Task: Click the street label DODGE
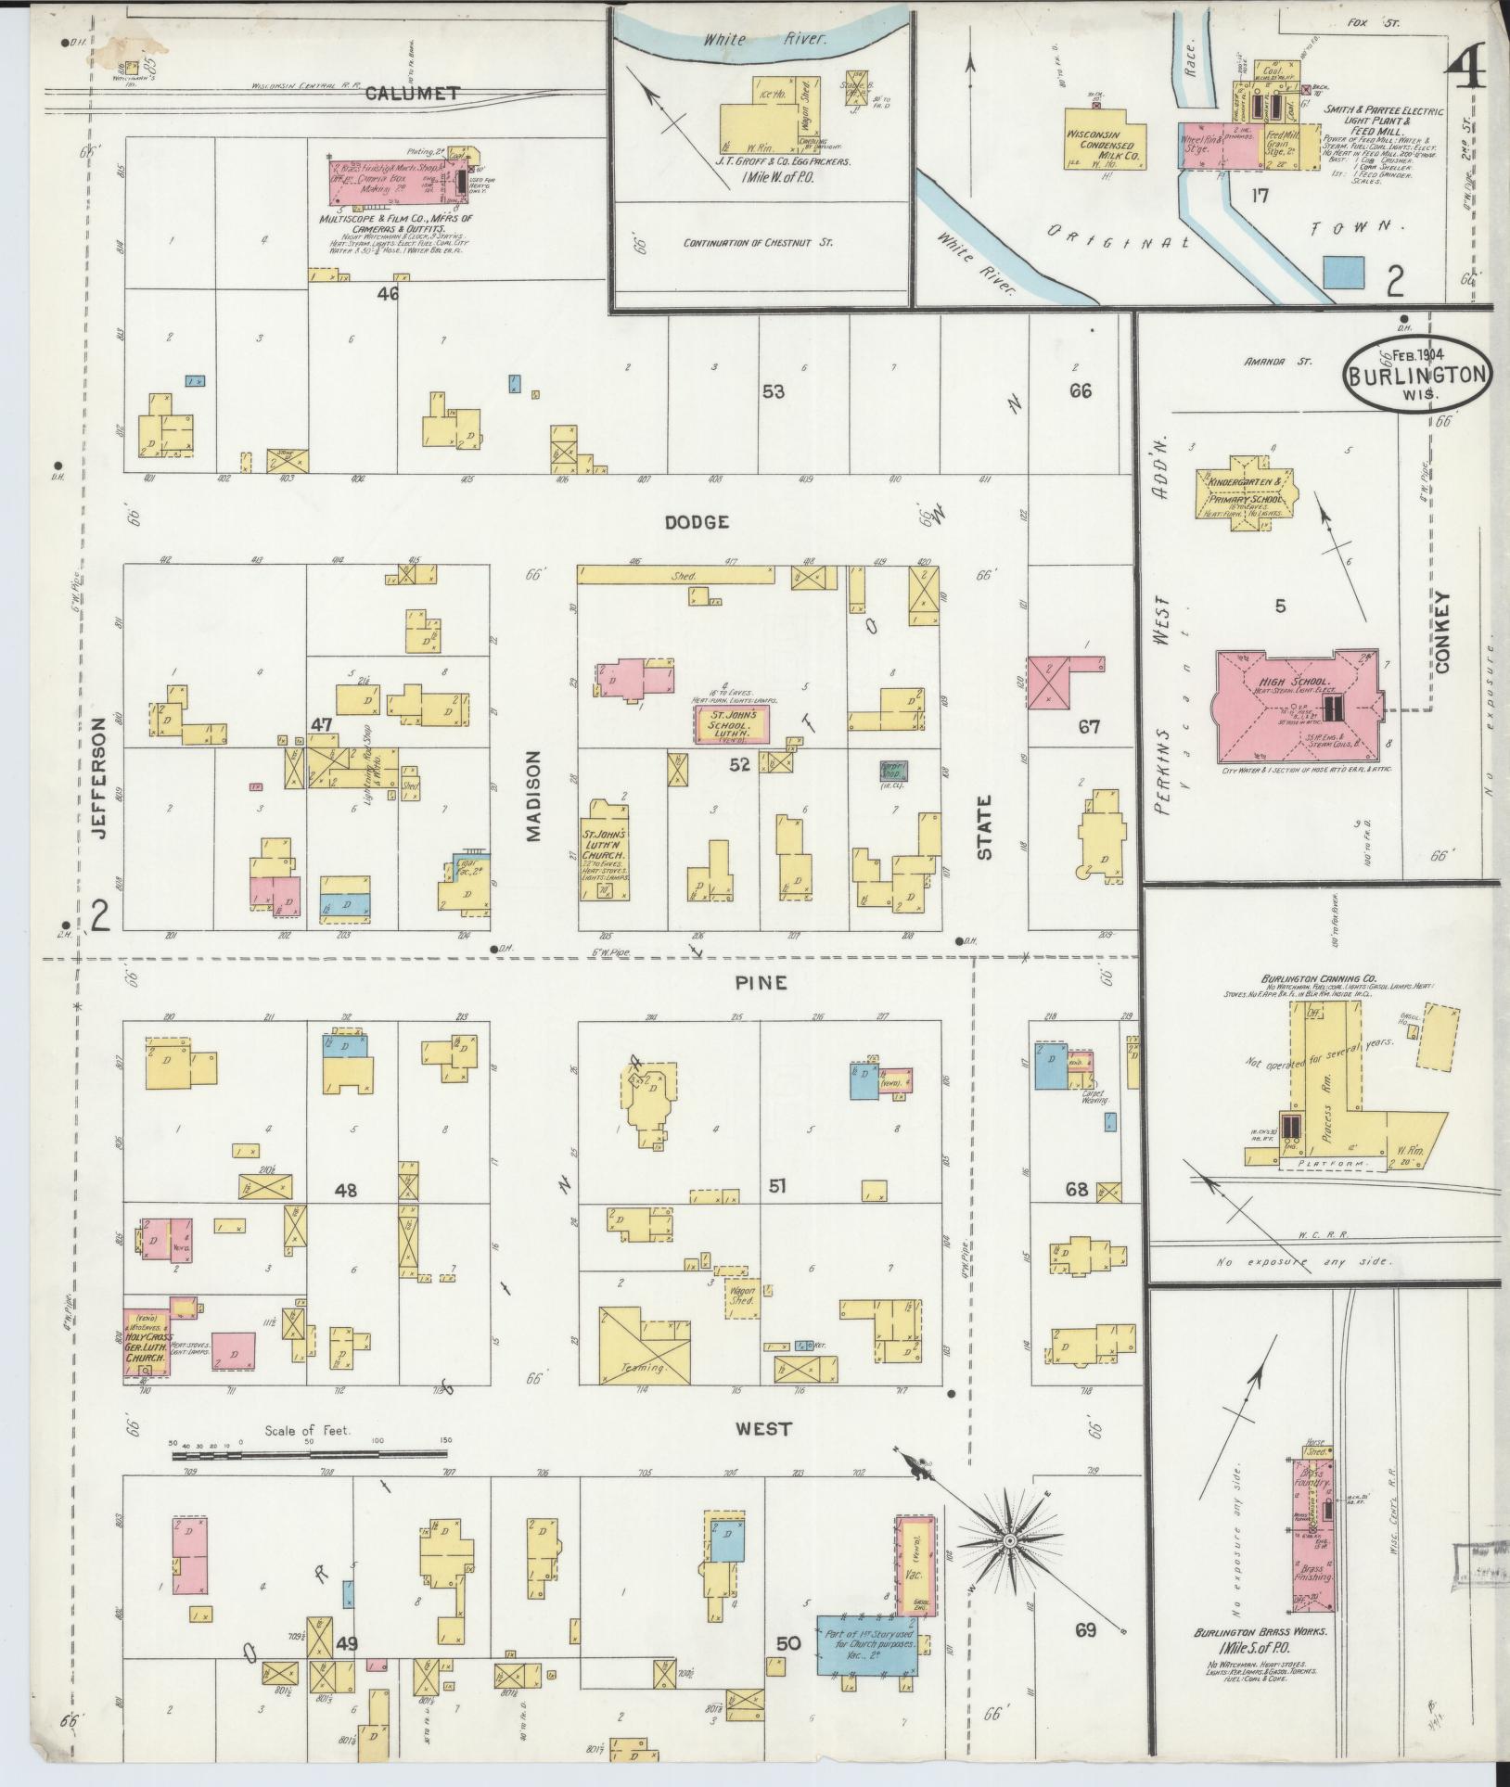(697, 522)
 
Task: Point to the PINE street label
(763, 982)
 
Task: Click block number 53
(773, 391)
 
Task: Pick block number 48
(346, 1190)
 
